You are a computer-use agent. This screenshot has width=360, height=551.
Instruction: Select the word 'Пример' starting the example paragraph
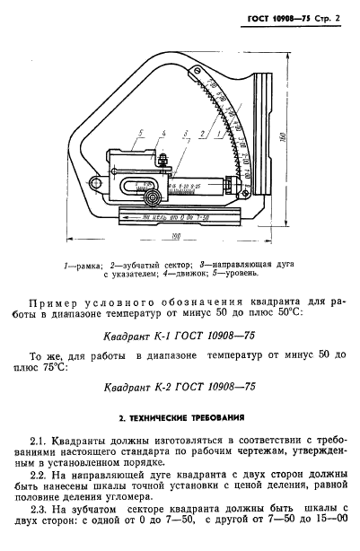[x=53, y=302]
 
